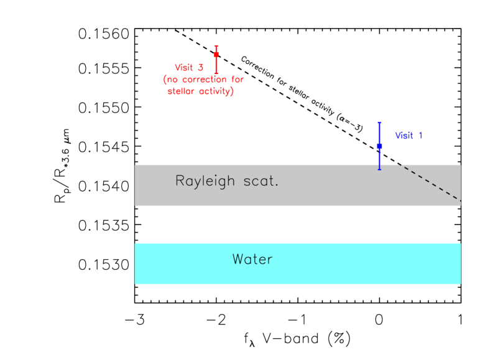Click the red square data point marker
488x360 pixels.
(x=216, y=55)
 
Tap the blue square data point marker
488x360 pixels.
(x=379, y=146)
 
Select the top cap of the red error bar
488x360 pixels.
(x=216, y=46)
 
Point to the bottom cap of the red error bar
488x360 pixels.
(x=216, y=73)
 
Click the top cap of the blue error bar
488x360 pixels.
(x=379, y=122)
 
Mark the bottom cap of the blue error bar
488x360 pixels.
(x=379, y=168)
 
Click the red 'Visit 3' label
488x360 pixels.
(x=189, y=68)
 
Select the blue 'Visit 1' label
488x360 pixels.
(x=408, y=136)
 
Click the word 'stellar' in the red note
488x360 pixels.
(x=182, y=91)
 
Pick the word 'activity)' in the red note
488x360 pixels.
(x=216, y=91)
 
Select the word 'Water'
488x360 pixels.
(x=252, y=259)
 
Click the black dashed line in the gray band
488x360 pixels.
(x=430, y=183)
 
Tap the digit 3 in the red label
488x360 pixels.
(x=200, y=68)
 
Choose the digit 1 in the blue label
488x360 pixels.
(x=420, y=136)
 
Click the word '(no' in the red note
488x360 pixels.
(x=170, y=80)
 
